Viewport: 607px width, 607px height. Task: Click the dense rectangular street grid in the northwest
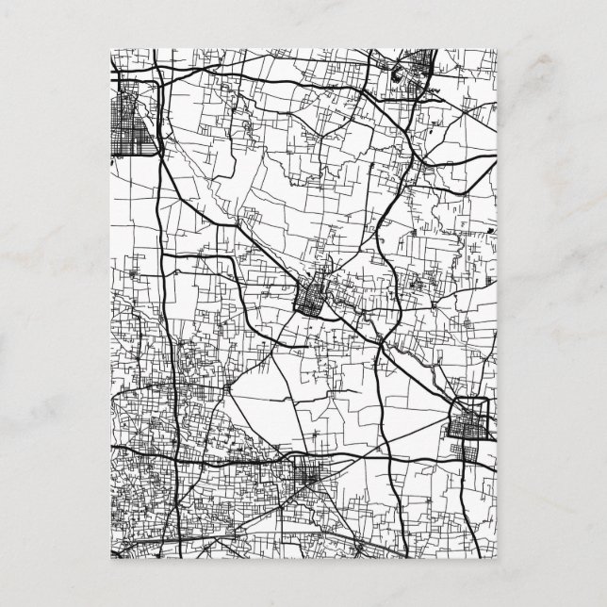pyautogui.click(x=134, y=118)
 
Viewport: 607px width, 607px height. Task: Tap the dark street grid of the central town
pyautogui.click(x=310, y=301)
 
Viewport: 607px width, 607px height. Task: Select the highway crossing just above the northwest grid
pyautogui.click(x=156, y=74)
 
